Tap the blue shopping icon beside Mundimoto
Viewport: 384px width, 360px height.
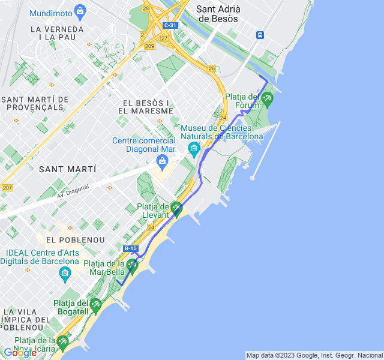point(80,11)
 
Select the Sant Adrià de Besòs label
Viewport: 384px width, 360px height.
point(218,14)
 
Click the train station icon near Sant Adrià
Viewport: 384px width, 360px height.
point(260,35)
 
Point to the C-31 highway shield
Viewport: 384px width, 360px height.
point(170,25)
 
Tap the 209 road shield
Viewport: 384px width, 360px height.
point(149,46)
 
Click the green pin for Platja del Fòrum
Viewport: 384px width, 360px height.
point(267,98)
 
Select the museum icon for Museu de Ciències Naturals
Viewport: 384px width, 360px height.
point(193,148)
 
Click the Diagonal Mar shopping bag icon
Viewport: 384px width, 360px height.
point(161,161)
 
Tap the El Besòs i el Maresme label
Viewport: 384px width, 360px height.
point(146,107)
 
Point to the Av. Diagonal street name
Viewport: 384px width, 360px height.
point(73,191)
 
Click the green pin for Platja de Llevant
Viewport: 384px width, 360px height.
point(176,208)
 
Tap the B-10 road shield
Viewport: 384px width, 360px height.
point(131,248)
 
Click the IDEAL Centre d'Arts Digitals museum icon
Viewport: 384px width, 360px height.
point(65,275)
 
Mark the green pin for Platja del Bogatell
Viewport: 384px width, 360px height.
point(95,307)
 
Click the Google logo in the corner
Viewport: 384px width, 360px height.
point(19,353)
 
